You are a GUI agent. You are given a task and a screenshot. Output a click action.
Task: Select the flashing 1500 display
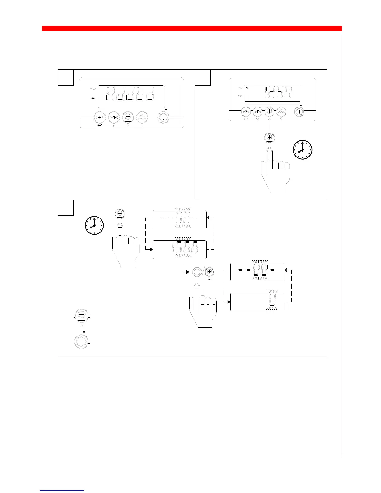(x=180, y=249)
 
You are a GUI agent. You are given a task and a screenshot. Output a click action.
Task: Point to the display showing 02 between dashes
(x=180, y=219)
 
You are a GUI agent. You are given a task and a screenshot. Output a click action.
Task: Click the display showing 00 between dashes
(x=257, y=272)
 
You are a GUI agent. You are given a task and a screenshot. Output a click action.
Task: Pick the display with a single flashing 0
(x=257, y=302)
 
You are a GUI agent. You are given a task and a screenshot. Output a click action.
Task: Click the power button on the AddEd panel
(x=163, y=118)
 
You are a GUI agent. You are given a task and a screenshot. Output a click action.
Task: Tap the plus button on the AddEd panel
(x=127, y=117)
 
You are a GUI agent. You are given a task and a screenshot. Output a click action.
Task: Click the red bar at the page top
(x=192, y=29)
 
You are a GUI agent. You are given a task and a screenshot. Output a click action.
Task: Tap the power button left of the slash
(x=196, y=272)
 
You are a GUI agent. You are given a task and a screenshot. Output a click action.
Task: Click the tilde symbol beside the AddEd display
(x=92, y=89)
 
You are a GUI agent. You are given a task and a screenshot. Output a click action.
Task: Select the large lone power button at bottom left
(x=81, y=341)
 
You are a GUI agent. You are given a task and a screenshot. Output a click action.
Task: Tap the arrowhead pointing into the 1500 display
(x=151, y=249)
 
